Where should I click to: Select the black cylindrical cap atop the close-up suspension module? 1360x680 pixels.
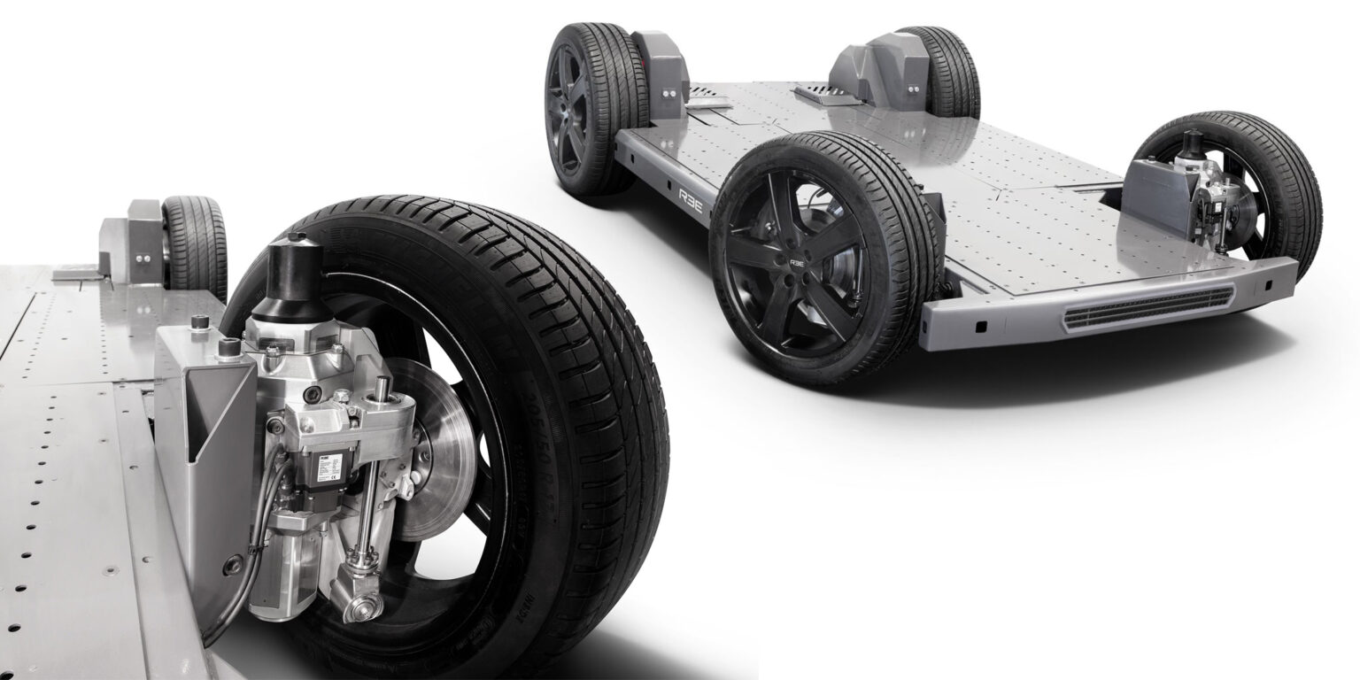(291, 270)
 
